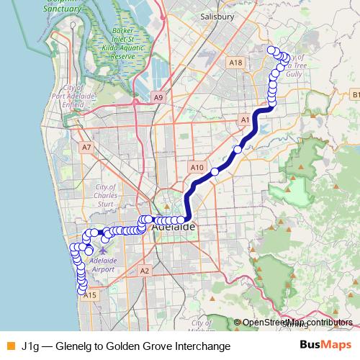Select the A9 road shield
point(159,97)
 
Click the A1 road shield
point(245,119)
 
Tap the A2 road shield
point(145,271)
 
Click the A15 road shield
point(90,295)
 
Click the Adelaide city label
point(174,228)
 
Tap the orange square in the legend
point(10,346)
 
